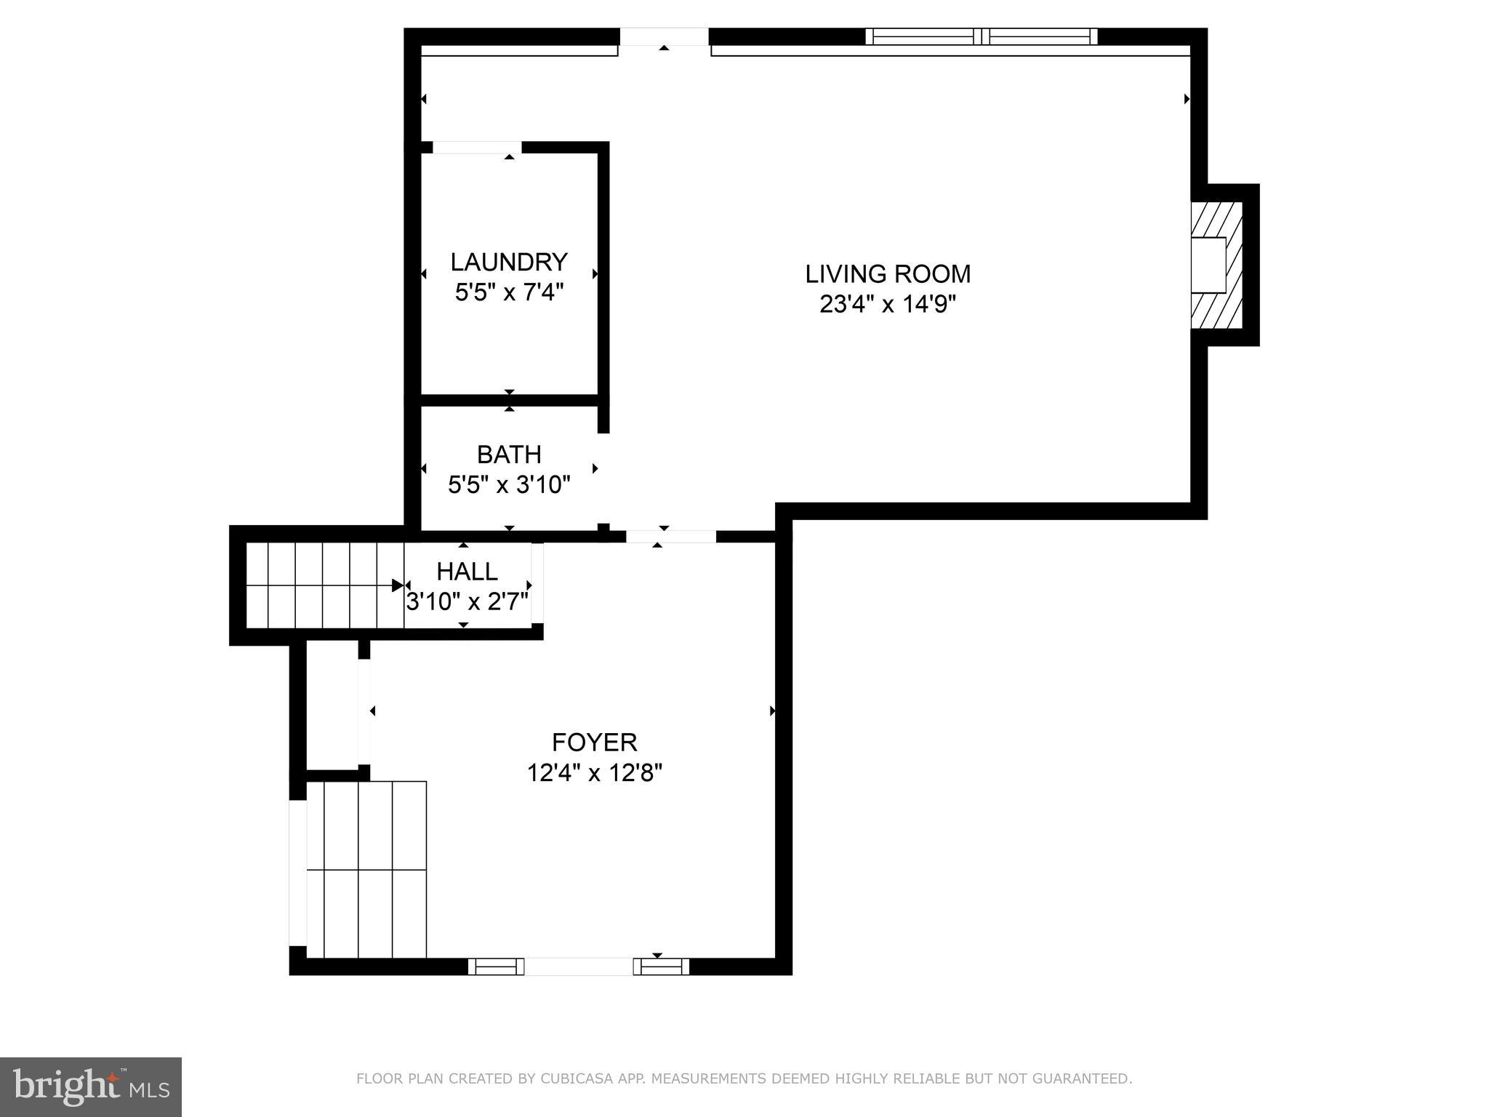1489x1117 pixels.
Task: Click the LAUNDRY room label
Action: click(509, 262)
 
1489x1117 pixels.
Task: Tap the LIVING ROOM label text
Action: click(888, 274)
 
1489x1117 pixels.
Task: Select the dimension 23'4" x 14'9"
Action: click(888, 304)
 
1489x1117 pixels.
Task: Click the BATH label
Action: click(509, 455)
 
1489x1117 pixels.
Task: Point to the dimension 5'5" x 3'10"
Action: click(509, 484)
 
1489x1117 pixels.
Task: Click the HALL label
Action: click(467, 572)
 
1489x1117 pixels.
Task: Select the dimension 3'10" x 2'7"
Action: click(467, 602)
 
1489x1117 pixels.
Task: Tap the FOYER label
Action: click(595, 742)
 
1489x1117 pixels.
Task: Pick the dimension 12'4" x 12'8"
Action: click(595, 772)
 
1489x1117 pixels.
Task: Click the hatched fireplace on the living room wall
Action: click(1216, 265)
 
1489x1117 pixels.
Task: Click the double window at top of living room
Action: click(982, 36)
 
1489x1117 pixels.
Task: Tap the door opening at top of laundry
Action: click(477, 148)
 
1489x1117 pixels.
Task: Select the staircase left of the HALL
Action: click(324, 585)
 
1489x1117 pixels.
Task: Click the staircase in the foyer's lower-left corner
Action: click(366, 870)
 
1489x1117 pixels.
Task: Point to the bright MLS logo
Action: click(91, 1087)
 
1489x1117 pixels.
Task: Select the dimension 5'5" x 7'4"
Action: click(509, 292)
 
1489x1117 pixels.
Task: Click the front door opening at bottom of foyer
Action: click(579, 966)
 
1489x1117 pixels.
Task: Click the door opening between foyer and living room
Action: click(670, 537)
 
